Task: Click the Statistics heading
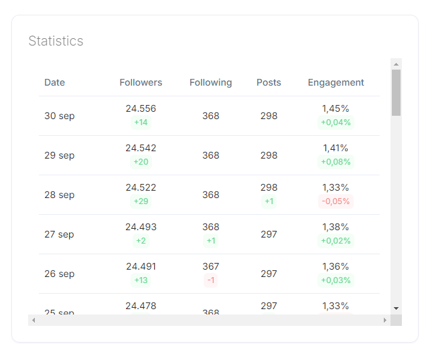56,41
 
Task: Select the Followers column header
141,82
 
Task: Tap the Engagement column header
336,82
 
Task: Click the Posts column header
269,82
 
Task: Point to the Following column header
210,82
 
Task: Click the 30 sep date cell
60,116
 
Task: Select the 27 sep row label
59,234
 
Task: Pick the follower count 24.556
141,108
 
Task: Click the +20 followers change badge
141,162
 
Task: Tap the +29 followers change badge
141,201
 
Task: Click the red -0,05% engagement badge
336,201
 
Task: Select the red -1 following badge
211,280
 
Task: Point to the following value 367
211,266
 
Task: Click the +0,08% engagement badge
336,162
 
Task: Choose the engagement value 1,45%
336,108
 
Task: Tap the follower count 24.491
141,266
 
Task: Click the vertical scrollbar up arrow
396,64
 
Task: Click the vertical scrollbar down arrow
396,308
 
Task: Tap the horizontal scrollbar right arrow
385,320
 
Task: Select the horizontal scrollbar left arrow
33,320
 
